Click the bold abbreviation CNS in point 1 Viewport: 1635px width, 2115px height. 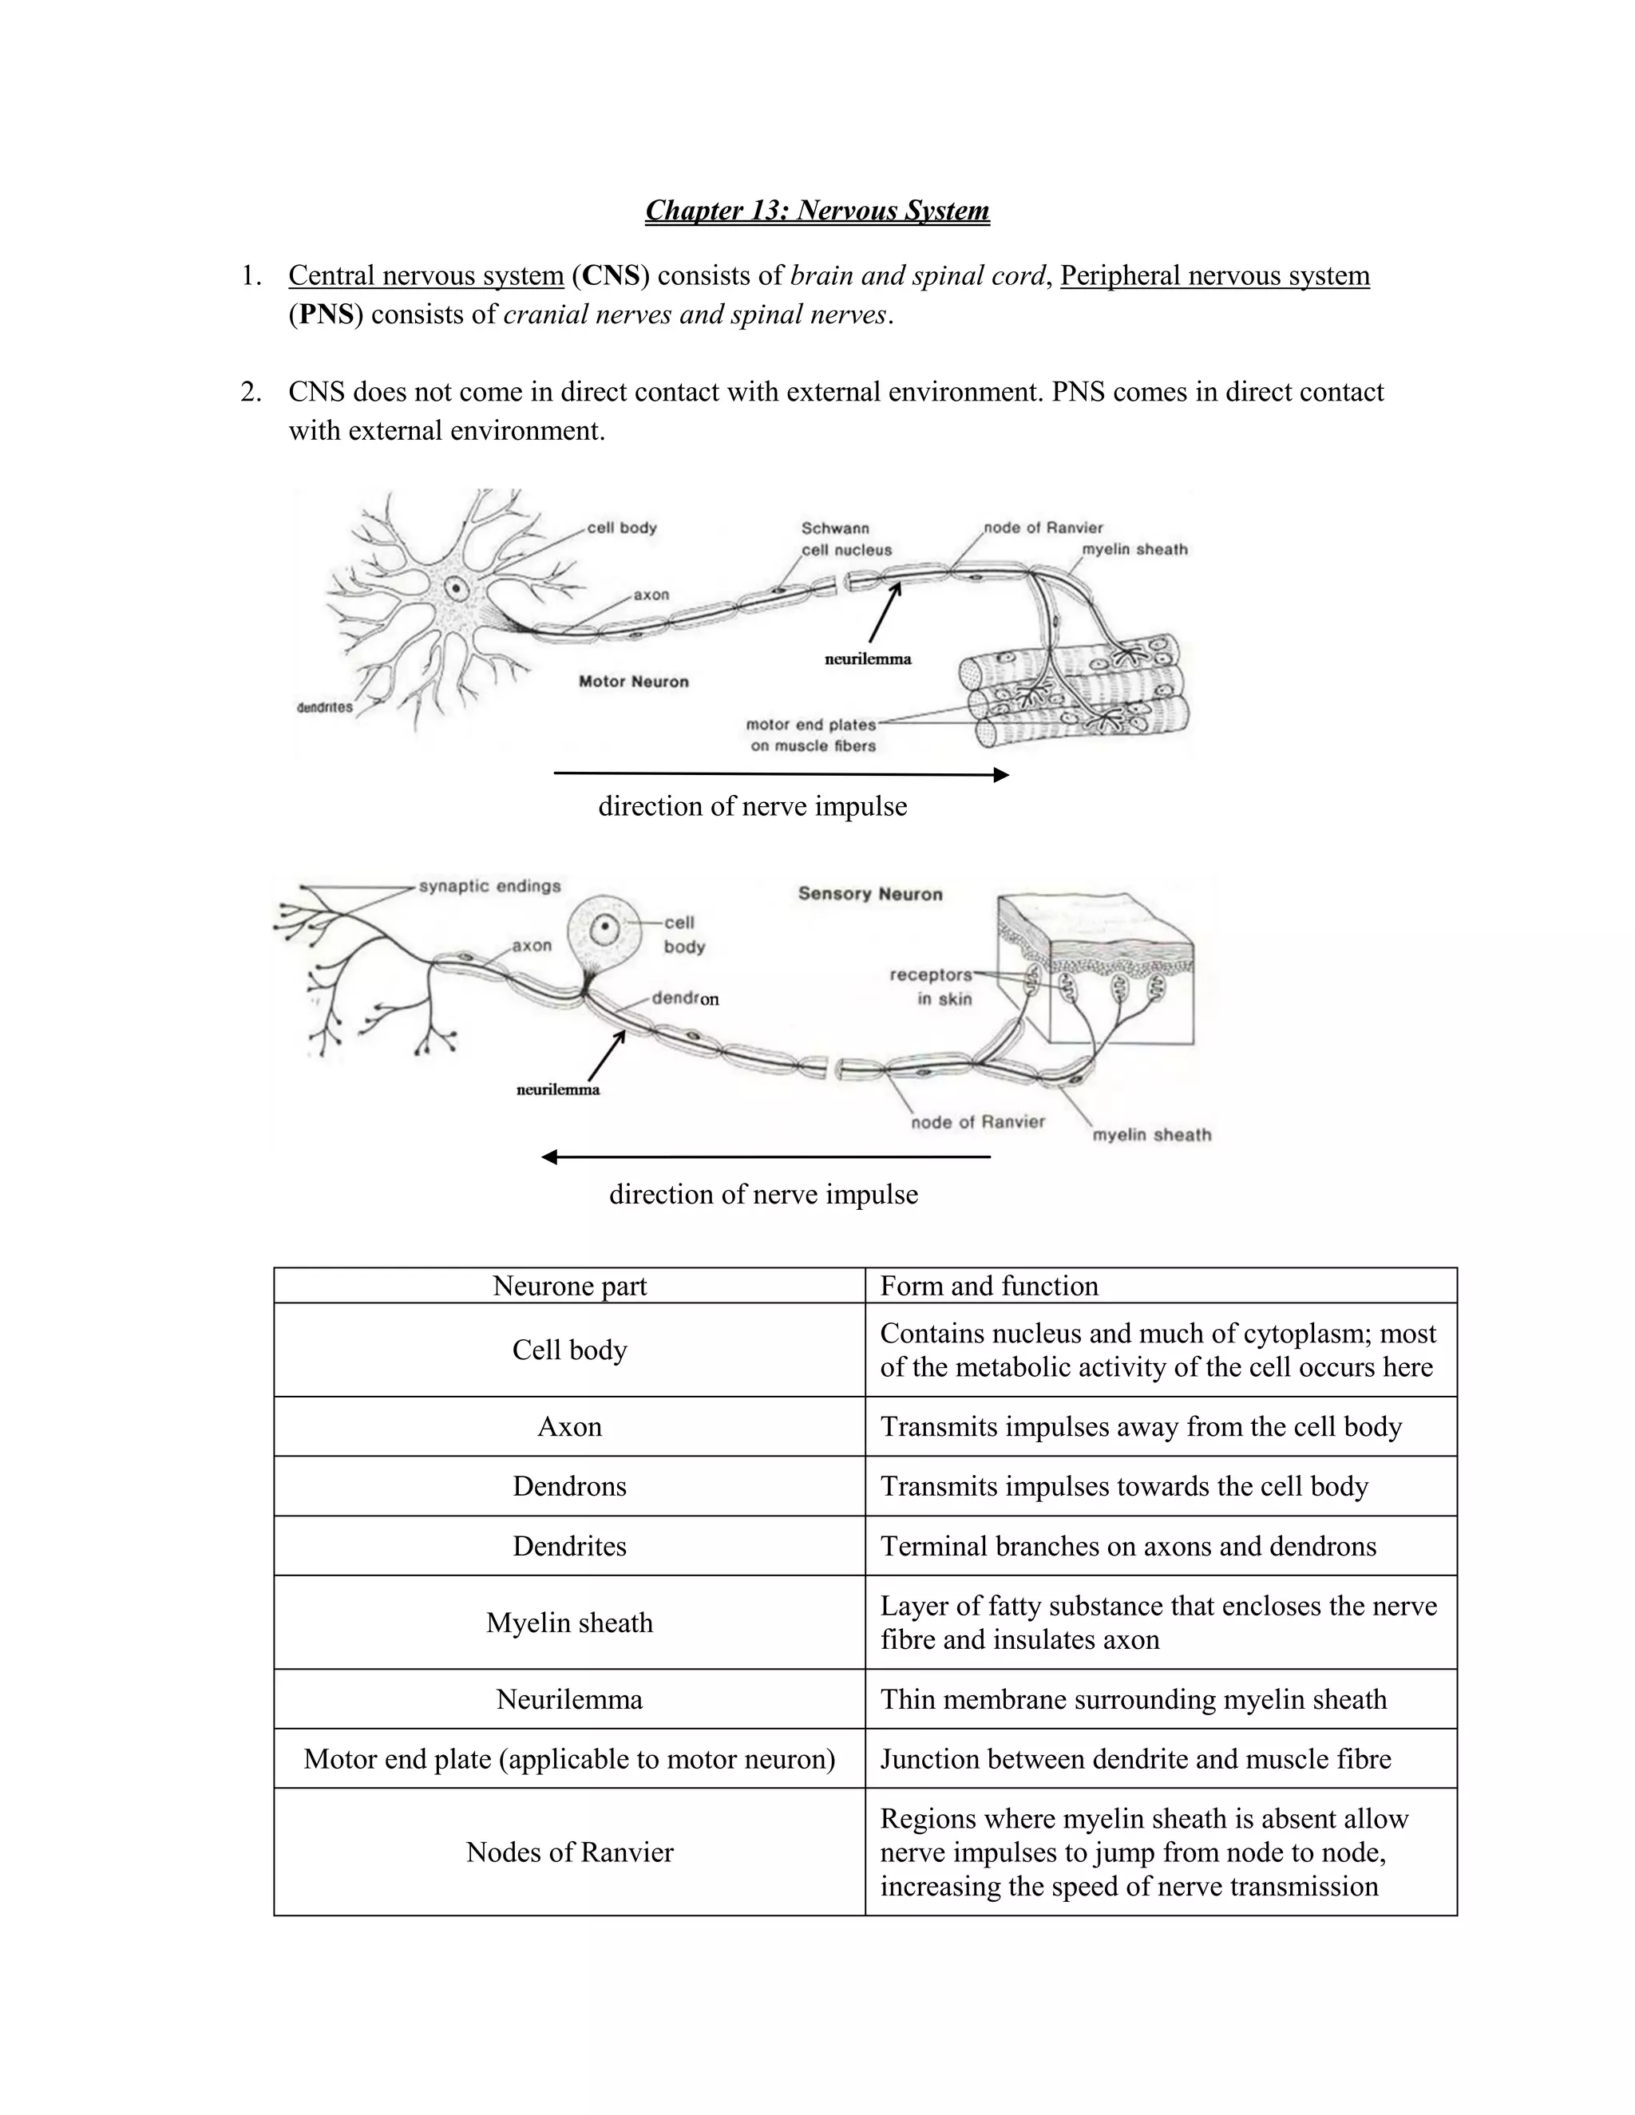click(x=612, y=276)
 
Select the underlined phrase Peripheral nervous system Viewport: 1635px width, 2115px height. click(x=1214, y=276)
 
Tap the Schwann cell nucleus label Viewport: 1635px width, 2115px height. click(x=845, y=540)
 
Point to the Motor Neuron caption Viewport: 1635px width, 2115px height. click(x=633, y=682)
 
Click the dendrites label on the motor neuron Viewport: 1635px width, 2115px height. click(x=324, y=707)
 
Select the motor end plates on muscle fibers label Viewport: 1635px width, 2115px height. click(x=812, y=735)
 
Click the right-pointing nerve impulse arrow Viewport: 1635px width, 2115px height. click(x=781, y=773)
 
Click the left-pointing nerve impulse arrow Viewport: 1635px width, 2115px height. click(x=765, y=1156)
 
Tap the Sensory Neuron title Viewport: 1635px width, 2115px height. click(x=870, y=894)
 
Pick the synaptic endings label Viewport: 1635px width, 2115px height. click(x=489, y=886)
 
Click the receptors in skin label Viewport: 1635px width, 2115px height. click(x=931, y=986)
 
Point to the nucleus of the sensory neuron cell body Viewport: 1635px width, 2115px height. click(x=604, y=930)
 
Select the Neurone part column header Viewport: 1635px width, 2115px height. click(x=569, y=1286)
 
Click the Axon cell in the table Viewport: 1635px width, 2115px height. click(x=569, y=1426)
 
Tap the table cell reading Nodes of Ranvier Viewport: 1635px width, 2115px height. click(x=569, y=1852)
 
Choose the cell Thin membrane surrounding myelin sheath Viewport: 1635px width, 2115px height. click(x=1134, y=1699)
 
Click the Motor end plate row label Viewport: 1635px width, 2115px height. click(x=569, y=1758)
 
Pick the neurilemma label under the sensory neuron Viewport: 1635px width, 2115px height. click(x=558, y=1089)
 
